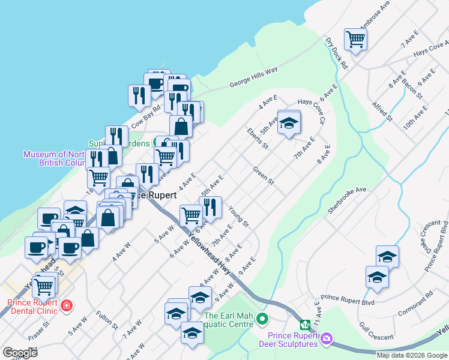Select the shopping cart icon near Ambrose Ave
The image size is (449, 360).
(355, 40)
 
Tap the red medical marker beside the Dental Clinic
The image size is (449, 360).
(66, 305)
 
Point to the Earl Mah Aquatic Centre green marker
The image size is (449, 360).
(261, 318)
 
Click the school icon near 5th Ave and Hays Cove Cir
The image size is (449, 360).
(289, 122)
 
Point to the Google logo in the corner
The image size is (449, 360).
(20, 352)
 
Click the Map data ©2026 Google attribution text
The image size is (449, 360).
(411, 355)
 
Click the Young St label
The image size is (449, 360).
(238, 217)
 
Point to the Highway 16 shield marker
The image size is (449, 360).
(306, 325)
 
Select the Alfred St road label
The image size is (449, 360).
(381, 112)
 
